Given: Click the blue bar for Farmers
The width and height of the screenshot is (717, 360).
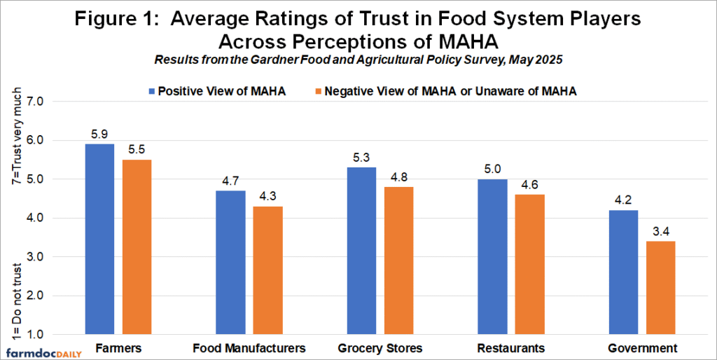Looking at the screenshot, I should [99, 239].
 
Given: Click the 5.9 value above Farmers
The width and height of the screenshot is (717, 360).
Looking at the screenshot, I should [99, 134].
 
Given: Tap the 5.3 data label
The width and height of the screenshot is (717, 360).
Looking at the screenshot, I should [362, 158].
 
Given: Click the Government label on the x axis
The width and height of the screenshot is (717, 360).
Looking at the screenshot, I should [642, 347].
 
